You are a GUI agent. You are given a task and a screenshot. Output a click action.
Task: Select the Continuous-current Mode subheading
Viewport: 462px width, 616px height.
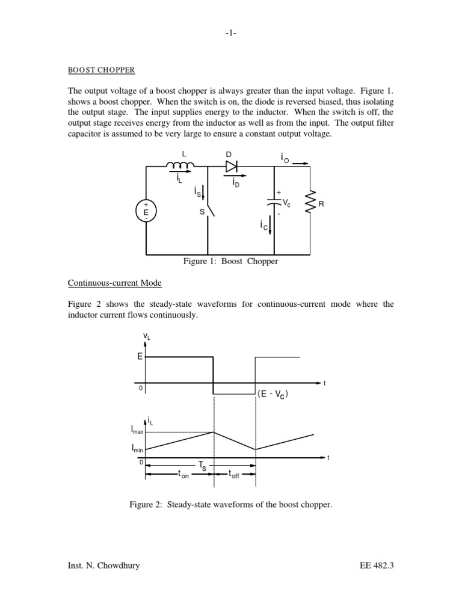[114, 282]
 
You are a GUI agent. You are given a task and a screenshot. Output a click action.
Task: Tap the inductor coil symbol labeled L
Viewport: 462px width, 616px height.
[185, 166]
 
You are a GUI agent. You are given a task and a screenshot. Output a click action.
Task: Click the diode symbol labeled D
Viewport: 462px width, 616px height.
[230, 166]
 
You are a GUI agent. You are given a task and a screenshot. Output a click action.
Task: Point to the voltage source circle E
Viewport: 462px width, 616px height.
[146, 211]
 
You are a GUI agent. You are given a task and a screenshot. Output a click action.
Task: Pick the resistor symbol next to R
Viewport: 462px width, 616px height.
[310, 203]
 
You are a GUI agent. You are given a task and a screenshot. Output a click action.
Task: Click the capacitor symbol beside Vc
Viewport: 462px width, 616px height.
[274, 203]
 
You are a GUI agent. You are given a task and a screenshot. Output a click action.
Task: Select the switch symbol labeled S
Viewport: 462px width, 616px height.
[209, 211]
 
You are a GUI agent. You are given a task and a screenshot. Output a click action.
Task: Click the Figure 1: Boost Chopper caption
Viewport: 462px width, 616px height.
[230, 262]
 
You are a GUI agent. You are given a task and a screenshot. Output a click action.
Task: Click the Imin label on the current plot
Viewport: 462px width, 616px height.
[137, 449]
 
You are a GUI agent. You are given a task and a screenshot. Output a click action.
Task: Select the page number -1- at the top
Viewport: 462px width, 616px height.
[230, 34]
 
